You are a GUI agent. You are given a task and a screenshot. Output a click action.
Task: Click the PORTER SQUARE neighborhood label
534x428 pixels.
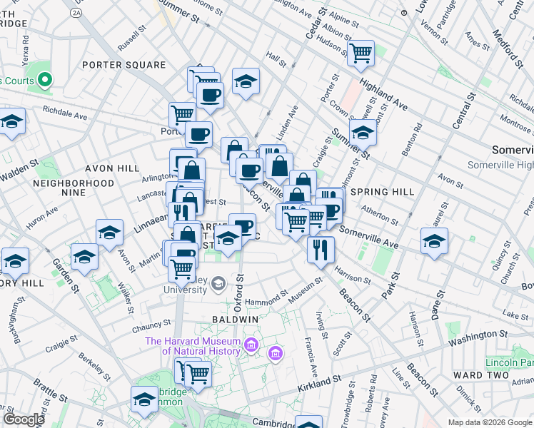(124, 65)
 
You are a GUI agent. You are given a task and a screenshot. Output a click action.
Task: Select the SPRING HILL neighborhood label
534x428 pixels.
(383, 192)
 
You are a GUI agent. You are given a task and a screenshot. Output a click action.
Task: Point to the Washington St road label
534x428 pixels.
(478, 335)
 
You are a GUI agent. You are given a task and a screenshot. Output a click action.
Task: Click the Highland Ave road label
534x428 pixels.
(383, 95)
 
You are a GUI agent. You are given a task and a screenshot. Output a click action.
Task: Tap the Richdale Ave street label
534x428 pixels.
(64, 113)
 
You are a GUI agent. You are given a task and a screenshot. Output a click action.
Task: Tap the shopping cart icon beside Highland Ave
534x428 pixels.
(361, 52)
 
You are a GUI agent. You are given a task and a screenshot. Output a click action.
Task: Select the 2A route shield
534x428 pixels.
(76, 12)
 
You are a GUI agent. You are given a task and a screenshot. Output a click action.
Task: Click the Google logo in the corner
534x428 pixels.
(24, 419)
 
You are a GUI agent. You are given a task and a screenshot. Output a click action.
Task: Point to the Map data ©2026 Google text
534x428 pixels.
(490, 422)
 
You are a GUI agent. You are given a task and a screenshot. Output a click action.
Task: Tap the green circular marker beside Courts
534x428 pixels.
(45, 80)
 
